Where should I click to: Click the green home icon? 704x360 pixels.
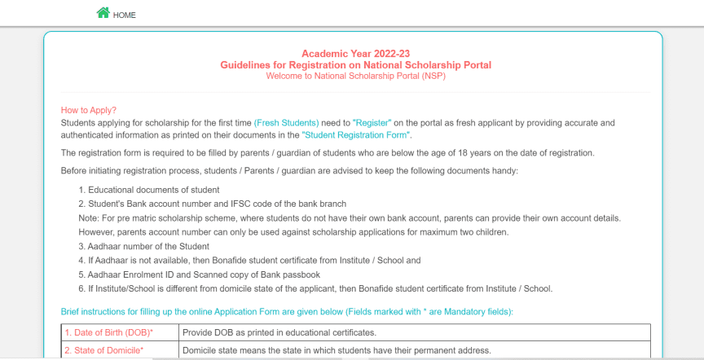[103, 13]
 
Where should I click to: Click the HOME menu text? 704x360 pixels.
[125, 15]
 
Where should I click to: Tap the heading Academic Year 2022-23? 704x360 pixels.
[355, 54]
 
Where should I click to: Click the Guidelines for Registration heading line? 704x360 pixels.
[355, 64]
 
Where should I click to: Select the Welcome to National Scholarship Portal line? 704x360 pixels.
[355, 76]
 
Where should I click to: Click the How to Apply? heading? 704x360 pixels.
[89, 111]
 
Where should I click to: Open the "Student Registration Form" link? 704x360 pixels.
[356, 134]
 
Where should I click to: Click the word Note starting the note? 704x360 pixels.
[88, 218]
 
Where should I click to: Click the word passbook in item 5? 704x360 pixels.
[299, 274]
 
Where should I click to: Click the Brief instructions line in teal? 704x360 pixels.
[287, 312]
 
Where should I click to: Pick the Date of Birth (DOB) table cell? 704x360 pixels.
[108, 332]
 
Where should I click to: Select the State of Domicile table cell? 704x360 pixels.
[103, 350]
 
